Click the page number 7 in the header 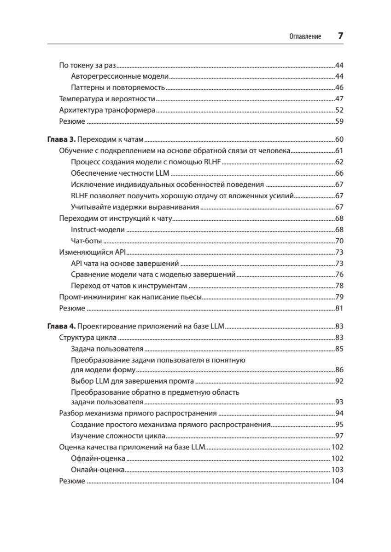(x=340, y=36)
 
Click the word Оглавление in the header (x=305, y=36)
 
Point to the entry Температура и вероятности (x=107, y=99)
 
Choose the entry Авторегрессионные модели (x=121, y=76)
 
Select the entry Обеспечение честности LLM (x=121, y=173)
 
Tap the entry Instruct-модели (x=98, y=230)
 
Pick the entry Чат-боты (x=87, y=241)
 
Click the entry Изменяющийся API (x=93, y=252)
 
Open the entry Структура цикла (x=87, y=338)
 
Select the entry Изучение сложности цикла (x=118, y=436)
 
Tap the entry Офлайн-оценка (x=99, y=459)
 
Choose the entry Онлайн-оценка (x=98, y=470)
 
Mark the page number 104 (x=337, y=481)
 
